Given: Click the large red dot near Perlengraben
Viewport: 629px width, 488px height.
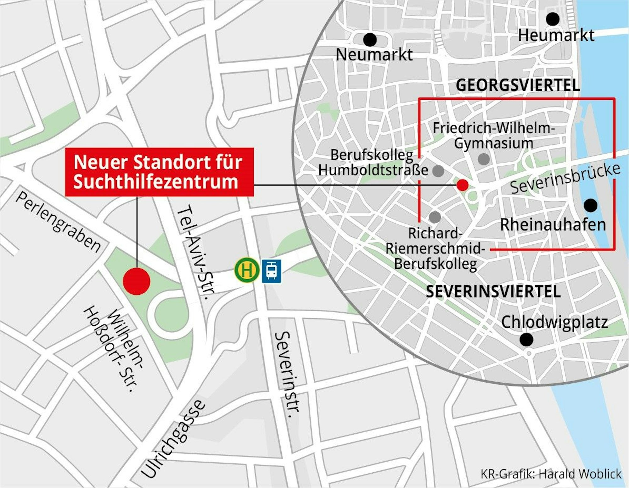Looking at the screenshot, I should coord(137,281).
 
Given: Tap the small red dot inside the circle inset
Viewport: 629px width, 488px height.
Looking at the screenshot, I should coord(462,185).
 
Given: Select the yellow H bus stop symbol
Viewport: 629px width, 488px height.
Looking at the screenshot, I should coord(247,270).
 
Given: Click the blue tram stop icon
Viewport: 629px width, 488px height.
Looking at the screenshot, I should coord(272,270).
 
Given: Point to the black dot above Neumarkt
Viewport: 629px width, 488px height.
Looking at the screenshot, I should coord(370,40).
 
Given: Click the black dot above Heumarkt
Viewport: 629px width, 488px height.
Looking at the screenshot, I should coord(553,19).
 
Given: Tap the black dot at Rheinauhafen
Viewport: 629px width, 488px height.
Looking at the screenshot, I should coord(591,205).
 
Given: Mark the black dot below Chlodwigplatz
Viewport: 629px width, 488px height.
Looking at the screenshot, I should coord(526,340).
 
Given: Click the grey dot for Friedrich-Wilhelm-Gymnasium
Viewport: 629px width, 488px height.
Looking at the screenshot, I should coord(484,159).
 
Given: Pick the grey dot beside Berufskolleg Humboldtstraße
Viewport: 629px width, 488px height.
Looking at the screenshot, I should coord(438,171).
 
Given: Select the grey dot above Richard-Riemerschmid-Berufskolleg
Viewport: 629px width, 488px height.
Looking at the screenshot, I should coord(435,217).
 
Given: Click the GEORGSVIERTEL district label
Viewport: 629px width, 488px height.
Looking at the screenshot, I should coord(518,86).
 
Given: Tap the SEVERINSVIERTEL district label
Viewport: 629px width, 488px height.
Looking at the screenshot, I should coord(493,292).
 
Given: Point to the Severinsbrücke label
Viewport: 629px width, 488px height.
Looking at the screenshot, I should coord(565,179).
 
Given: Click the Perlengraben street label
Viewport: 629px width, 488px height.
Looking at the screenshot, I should coord(58,222).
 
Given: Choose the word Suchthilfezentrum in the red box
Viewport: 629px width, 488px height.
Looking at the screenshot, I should coord(156,182).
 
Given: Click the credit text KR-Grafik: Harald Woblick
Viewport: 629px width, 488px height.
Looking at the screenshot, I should coord(551,474).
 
